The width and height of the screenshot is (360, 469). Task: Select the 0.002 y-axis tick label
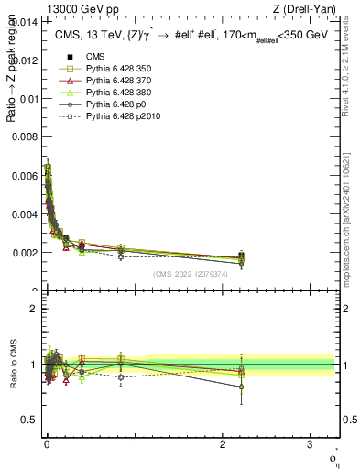[x=23, y=252]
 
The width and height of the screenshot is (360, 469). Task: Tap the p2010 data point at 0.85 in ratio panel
[x=121, y=376]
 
